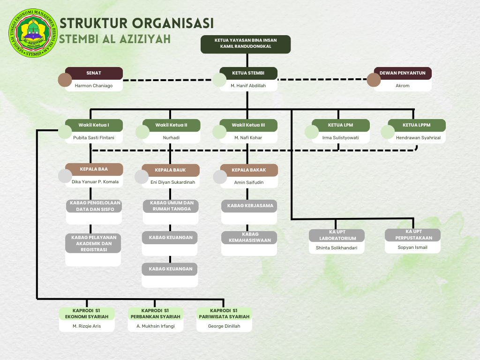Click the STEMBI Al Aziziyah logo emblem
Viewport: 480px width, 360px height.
click(32, 32)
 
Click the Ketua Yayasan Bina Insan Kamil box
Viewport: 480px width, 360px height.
click(246, 44)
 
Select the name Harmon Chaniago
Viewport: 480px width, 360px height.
click(94, 85)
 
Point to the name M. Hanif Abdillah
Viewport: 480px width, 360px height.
click(248, 85)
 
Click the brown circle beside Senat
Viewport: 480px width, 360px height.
click(65, 80)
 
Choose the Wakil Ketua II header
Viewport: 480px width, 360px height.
click(171, 125)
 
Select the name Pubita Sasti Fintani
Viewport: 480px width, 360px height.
click(93, 138)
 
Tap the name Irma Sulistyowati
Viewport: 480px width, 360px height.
click(340, 138)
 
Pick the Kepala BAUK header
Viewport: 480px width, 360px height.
click(170, 170)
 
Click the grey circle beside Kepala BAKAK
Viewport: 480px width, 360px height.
click(220, 177)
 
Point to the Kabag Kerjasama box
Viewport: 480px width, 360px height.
click(250, 206)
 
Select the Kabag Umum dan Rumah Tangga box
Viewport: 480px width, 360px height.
click(171, 206)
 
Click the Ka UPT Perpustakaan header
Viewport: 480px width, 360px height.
click(413, 234)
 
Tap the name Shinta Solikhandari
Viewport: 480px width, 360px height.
click(337, 247)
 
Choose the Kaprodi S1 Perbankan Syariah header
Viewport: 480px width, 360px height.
click(155, 314)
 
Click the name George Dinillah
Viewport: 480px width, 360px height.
click(224, 326)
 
